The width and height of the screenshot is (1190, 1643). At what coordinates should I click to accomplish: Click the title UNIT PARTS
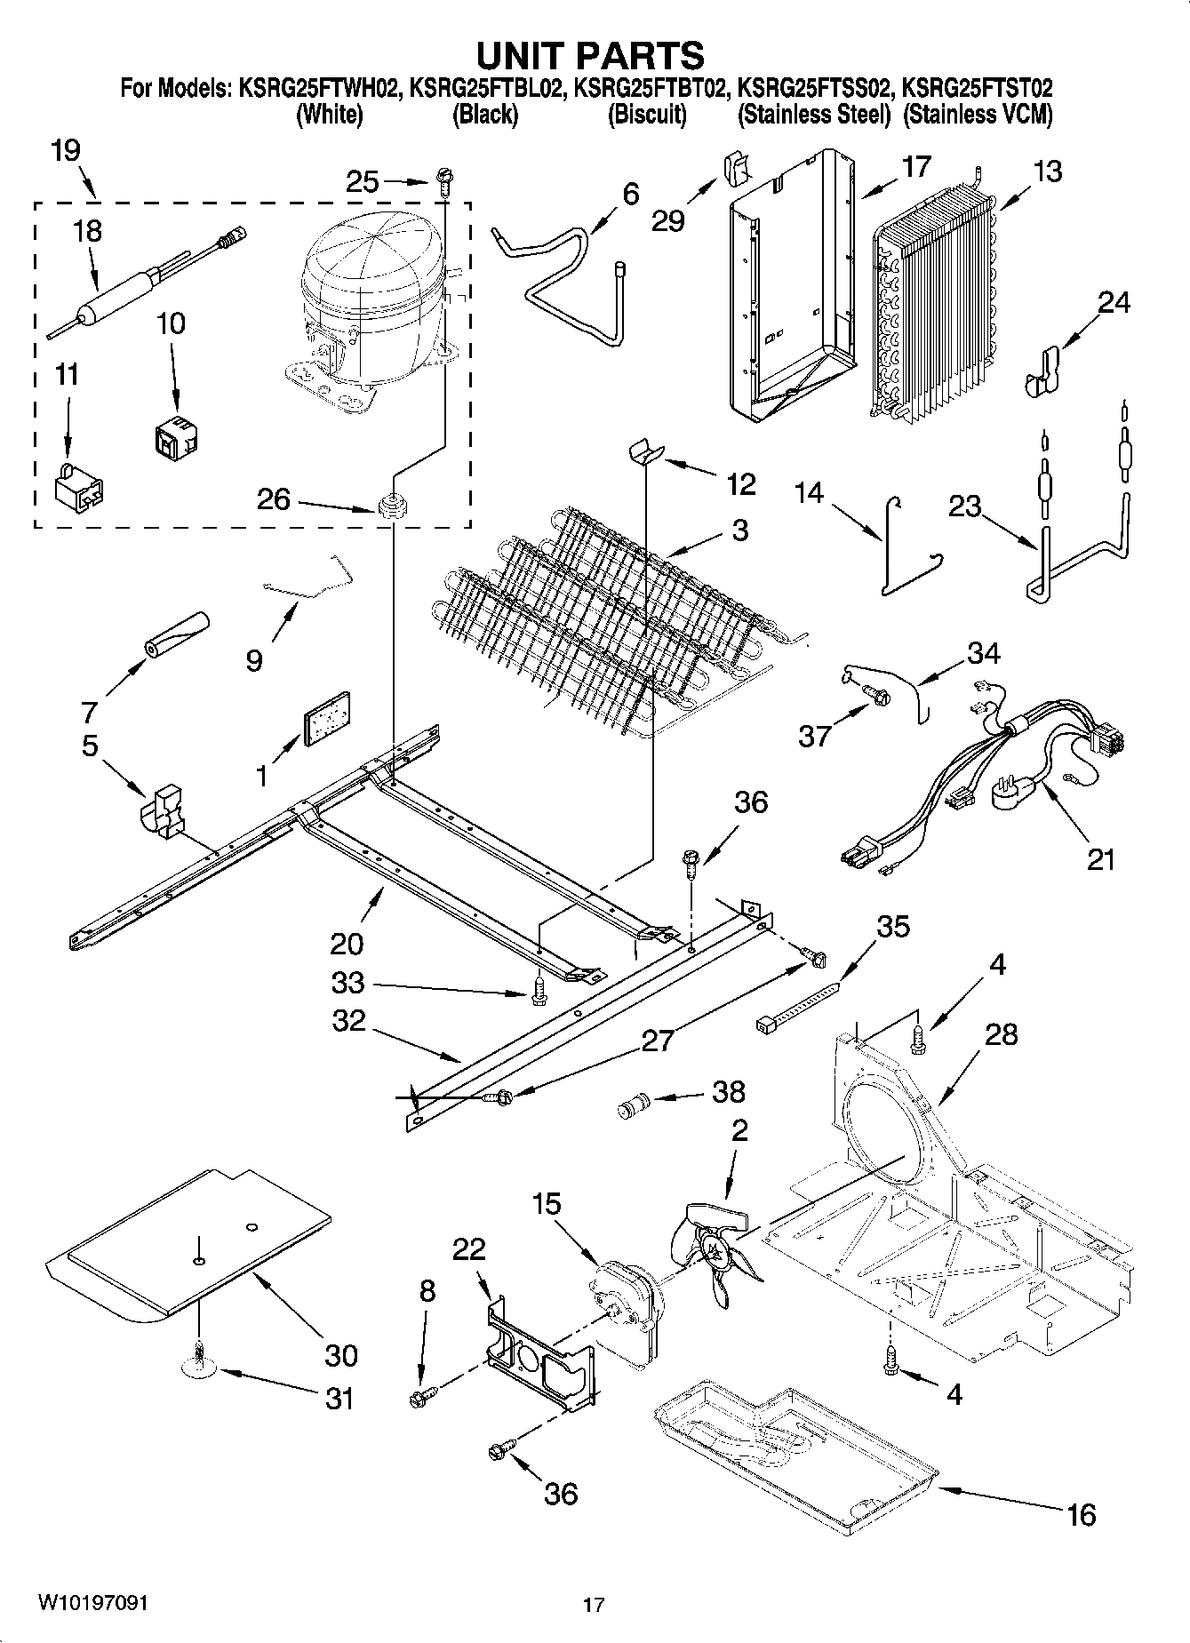click(x=590, y=55)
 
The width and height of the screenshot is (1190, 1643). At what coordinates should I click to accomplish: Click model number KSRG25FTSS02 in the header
click(x=811, y=89)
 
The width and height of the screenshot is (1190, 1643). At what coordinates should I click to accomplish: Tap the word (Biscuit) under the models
click(x=646, y=115)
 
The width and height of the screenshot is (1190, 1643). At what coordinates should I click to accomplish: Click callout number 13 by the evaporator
click(x=1048, y=171)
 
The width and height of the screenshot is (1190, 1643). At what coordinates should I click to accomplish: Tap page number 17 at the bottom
click(x=594, y=1604)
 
